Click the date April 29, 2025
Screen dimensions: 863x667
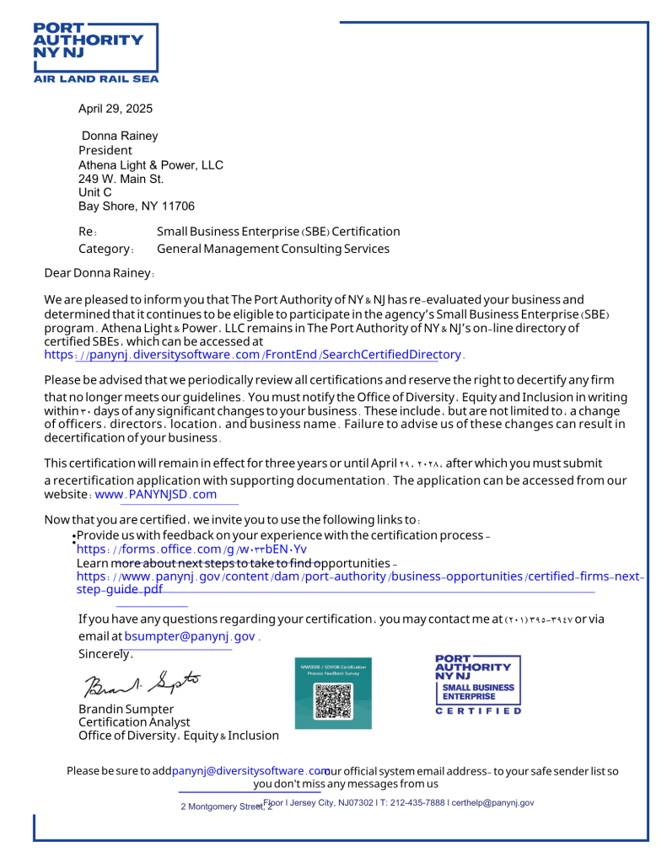pyautogui.click(x=116, y=109)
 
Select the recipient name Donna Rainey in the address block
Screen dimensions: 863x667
pyautogui.click(x=120, y=136)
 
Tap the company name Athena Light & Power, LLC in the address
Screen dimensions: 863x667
pyautogui.click(x=151, y=165)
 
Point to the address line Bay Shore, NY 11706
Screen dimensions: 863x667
pyautogui.click(x=137, y=206)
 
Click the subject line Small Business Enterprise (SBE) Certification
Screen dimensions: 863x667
pyautogui.click(x=278, y=232)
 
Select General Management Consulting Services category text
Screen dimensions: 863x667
pyautogui.click(x=273, y=249)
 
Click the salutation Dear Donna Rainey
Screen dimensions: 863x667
pyautogui.click(x=99, y=273)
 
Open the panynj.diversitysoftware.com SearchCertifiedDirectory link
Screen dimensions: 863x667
pyautogui.click(x=253, y=355)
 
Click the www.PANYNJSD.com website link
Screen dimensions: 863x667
pyautogui.click(x=156, y=495)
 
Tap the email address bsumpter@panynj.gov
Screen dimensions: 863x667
pyautogui.click(x=190, y=636)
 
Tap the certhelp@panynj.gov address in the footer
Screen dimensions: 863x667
pyautogui.click(x=492, y=803)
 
